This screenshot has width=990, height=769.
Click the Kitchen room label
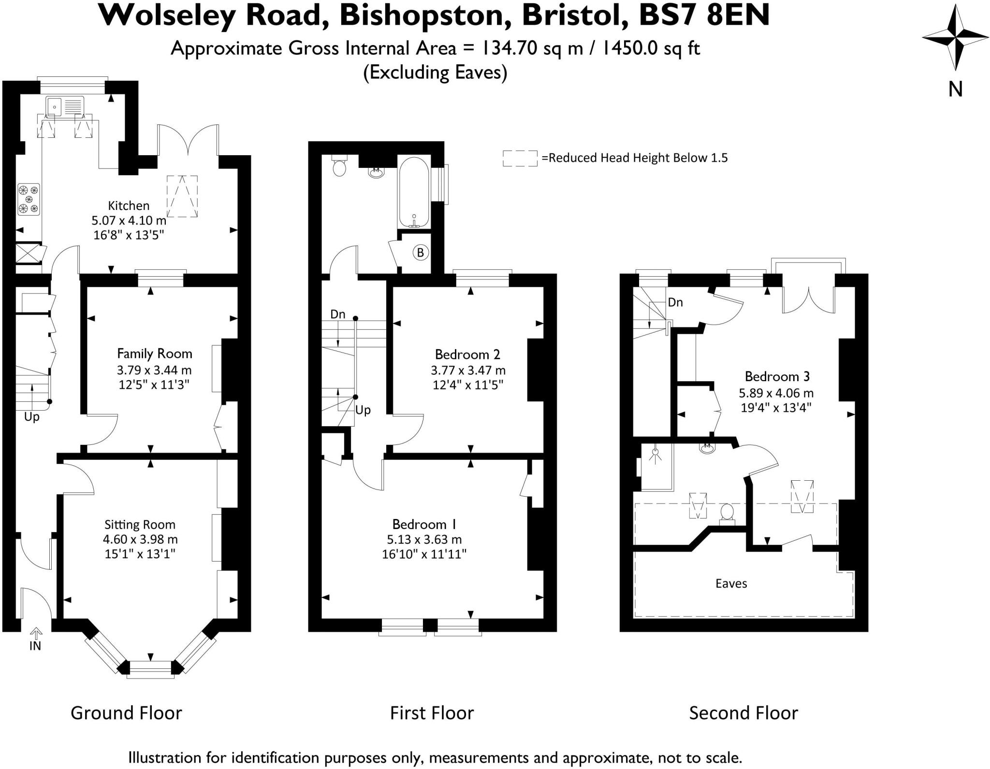tap(128, 206)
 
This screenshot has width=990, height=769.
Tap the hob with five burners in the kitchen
tap(29, 199)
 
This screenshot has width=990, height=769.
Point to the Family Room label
tap(155, 354)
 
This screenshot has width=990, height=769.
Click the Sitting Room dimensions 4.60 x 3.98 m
tap(140, 539)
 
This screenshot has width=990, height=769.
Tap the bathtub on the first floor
tap(414, 192)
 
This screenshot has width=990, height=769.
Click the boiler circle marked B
tap(421, 252)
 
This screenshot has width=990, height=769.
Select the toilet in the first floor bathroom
tap(340, 166)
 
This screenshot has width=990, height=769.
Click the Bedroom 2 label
tap(467, 355)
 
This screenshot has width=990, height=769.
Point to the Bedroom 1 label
tap(424, 524)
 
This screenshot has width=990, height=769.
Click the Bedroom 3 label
tap(777, 376)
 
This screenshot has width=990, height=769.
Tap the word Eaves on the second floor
tap(731, 583)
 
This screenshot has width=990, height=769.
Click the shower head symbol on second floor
tap(655, 454)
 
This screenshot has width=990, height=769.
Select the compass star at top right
tap(955, 38)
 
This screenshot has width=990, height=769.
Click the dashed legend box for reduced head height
tap(520, 158)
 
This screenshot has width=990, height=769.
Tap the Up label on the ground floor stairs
tap(32, 417)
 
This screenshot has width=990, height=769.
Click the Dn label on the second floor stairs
tap(675, 302)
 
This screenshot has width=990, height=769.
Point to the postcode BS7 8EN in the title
tap(704, 15)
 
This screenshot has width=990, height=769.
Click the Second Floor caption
tap(743, 713)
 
